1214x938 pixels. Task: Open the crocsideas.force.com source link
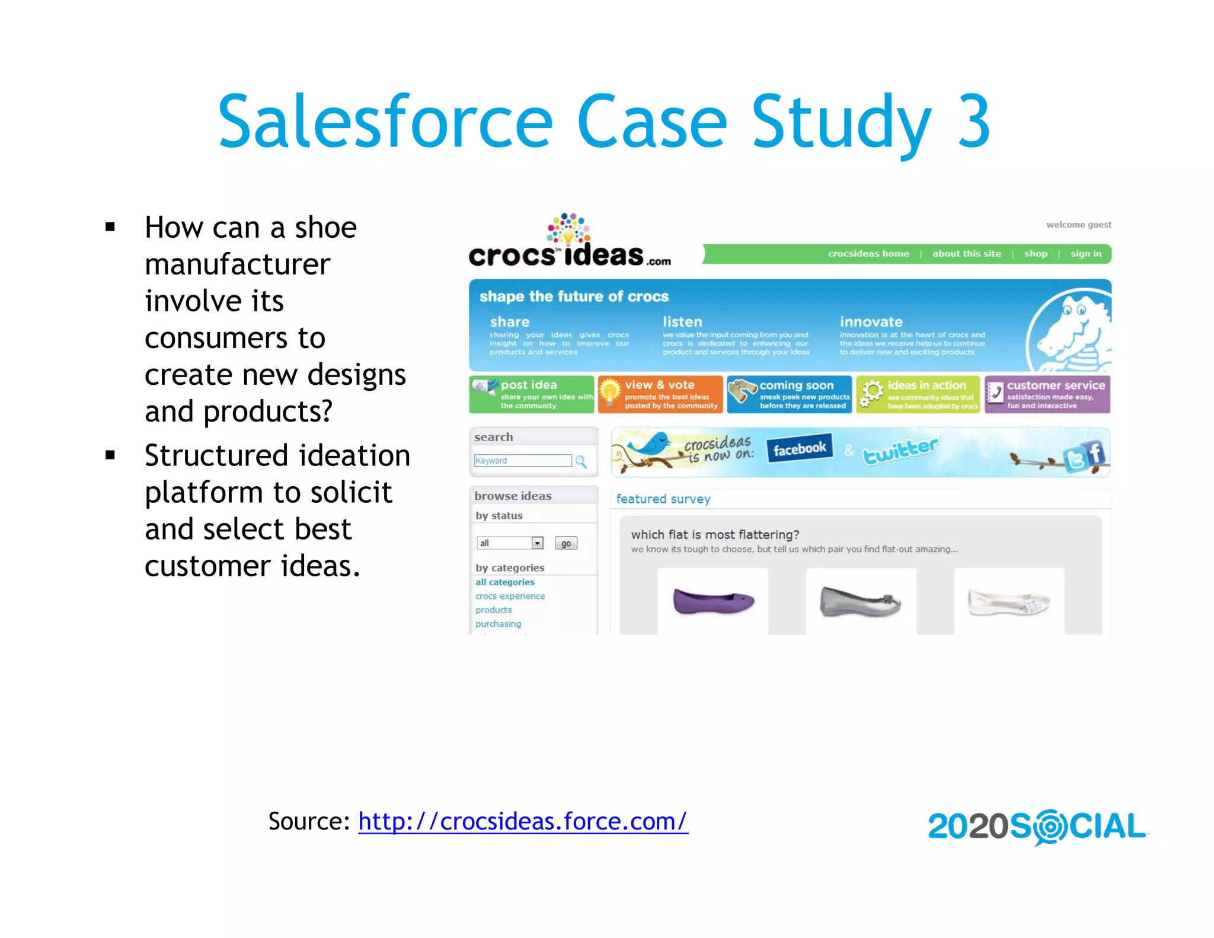click(522, 821)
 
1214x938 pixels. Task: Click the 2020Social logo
click(1037, 826)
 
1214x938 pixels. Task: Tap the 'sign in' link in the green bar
click(1085, 254)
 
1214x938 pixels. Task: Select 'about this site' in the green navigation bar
click(966, 254)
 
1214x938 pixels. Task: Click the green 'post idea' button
click(531, 394)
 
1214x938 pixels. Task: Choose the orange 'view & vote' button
click(660, 394)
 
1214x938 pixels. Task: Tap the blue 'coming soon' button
click(789, 394)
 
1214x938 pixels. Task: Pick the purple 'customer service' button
click(1047, 394)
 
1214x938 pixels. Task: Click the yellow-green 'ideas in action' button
click(918, 394)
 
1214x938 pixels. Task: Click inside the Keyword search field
click(522, 461)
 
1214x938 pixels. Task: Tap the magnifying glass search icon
click(581, 461)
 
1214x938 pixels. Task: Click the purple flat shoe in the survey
click(713, 601)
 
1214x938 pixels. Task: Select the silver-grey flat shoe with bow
click(860, 601)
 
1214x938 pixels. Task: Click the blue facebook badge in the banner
click(798, 449)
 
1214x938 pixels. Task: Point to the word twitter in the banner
click(899, 451)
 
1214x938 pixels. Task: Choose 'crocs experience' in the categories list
click(510, 596)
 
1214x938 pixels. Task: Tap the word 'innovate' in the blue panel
click(871, 322)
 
